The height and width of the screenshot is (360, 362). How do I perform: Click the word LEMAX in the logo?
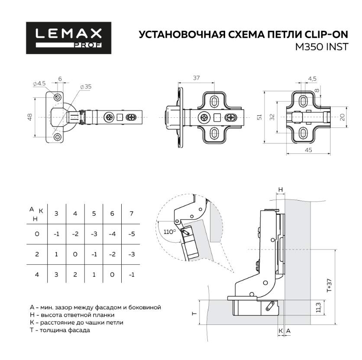point(69,34)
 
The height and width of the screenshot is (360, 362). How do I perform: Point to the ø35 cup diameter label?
point(86,87)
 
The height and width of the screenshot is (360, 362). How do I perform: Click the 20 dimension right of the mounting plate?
point(342,117)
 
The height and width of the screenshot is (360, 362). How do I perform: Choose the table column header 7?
point(132,214)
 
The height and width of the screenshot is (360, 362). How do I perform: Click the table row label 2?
point(37,254)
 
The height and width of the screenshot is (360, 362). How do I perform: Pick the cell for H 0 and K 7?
point(132,234)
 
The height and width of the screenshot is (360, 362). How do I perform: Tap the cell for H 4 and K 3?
point(56,275)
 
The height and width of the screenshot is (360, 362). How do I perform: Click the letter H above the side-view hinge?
point(280,190)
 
